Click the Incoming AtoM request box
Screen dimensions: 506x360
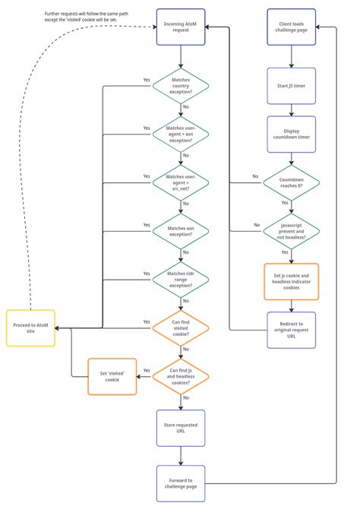181,28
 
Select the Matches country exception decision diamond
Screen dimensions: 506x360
181,86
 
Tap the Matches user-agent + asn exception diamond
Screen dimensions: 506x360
181,134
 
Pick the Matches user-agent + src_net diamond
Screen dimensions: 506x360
181,182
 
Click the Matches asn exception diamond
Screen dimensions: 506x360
181,231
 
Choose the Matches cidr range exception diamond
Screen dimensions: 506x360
181,280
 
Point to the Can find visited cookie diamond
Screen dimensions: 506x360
181,327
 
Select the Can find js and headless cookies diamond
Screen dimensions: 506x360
181,376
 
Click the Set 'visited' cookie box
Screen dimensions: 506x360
112,376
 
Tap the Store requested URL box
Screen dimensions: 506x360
181,429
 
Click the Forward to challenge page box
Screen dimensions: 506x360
181,484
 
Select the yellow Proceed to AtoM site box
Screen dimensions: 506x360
30,328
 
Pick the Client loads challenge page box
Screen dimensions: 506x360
291,28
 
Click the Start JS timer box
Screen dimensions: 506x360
291,86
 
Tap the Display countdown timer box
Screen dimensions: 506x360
291,134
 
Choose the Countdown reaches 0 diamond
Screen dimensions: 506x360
291,182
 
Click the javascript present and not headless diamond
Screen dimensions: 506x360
291,231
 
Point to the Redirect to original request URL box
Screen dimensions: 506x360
291,330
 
